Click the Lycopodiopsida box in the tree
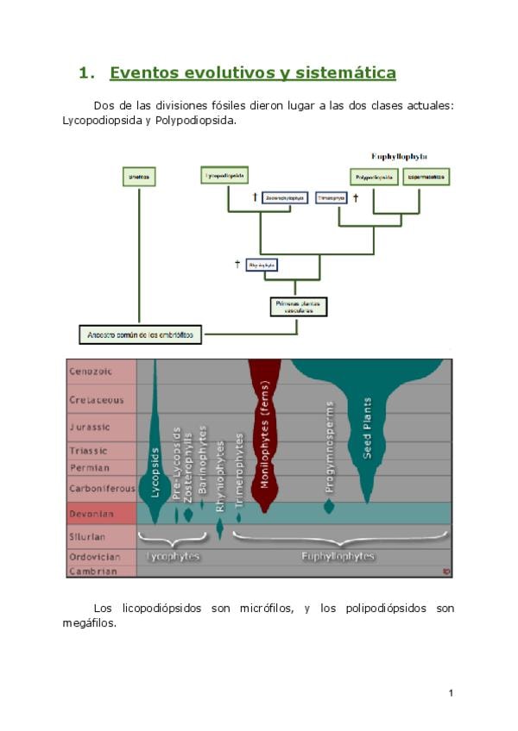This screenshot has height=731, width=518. pyautogui.click(x=224, y=176)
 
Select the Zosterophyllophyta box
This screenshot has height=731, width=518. pyautogui.click(x=284, y=197)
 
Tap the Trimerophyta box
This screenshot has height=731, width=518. pyautogui.click(x=332, y=197)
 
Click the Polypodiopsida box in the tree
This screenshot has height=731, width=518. pyautogui.click(x=374, y=178)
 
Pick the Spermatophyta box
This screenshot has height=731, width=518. pyautogui.click(x=426, y=178)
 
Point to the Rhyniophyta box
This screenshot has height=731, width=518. pyautogui.click(x=261, y=265)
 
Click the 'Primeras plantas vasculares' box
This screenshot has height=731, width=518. pyautogui.click(x=295, y=307)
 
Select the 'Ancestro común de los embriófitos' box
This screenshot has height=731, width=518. pyautogui.click(x=140, y=334)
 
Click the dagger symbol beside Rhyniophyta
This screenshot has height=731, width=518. pyautogui.click(x=237, y=264)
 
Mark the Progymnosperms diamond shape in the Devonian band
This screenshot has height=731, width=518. pyautogui.click(x=329, y=506)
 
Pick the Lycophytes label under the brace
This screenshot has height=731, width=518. pyautogui.click(x=174, y=557)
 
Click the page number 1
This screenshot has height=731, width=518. pyautogui.click(x=451, y=692)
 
